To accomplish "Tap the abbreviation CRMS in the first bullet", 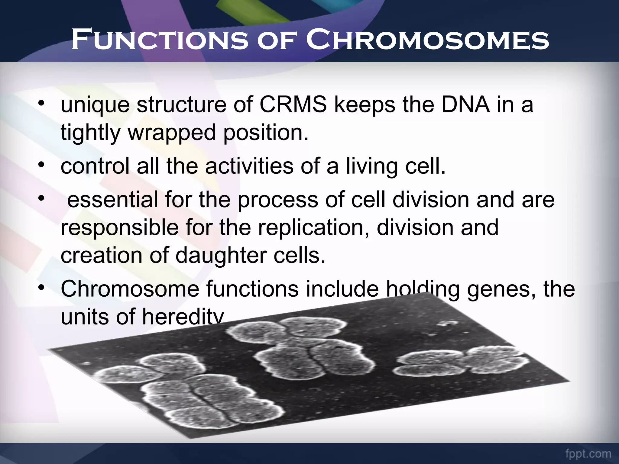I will (293, 105).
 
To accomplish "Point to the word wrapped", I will (172, 133).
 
